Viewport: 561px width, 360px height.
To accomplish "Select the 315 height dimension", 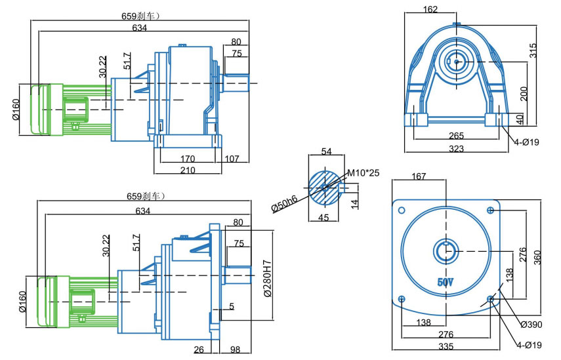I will click(533, 50).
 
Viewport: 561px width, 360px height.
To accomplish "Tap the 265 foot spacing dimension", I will click(457, 136).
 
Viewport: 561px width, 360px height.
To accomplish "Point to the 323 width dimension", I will click(457, 149).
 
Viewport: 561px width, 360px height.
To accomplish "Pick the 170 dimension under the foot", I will click(188, 158).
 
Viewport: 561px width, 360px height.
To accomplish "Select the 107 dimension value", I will click(232, 158).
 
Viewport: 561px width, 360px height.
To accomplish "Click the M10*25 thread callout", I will click(363, 172).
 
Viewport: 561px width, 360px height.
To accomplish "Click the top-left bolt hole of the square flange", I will click(402, 210).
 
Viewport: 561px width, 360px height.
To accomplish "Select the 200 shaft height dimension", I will click(523, 93).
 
